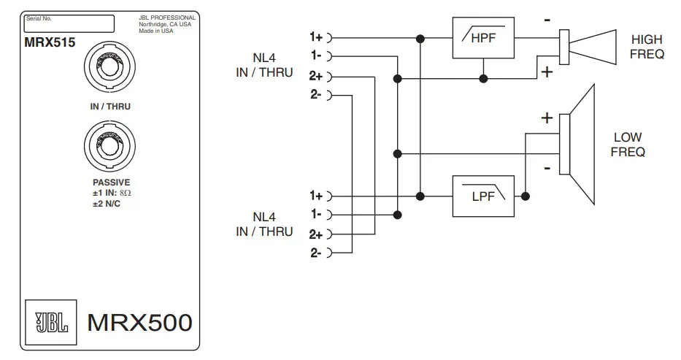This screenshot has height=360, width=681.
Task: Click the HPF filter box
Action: (x=482, y=37)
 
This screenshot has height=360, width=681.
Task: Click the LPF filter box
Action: (x=482, y=196)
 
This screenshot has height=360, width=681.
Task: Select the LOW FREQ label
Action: (x=628, y=145)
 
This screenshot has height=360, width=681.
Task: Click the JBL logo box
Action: (x=50, y=322)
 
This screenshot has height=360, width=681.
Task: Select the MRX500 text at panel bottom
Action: (x=139, y=322)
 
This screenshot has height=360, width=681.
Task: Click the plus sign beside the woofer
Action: (x=546, y=118)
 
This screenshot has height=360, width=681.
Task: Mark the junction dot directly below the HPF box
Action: (x=482, y=76)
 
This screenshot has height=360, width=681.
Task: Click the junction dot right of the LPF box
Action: (x=526, y=196)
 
